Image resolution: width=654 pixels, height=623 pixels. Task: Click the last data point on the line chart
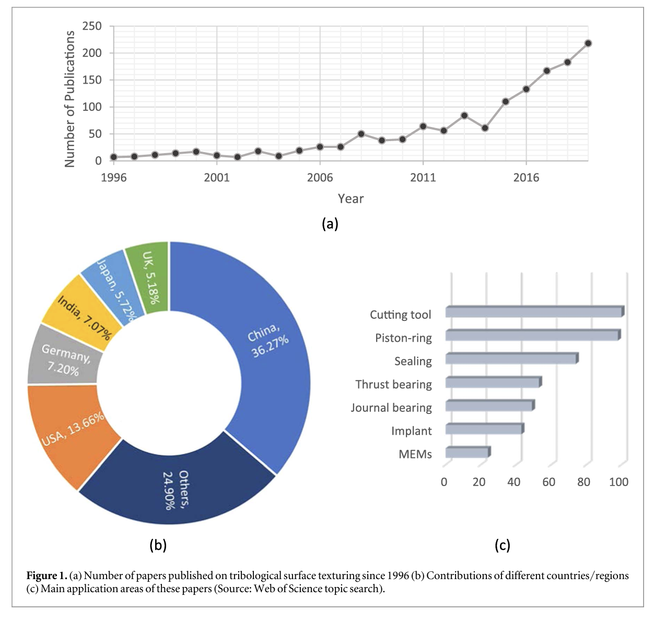(x=588, y=43)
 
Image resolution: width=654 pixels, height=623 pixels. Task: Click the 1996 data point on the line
(x=113, y=157)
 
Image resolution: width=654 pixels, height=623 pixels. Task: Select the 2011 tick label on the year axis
(x=423, y=178)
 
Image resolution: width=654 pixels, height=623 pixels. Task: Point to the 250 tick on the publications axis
(x=92, y=26)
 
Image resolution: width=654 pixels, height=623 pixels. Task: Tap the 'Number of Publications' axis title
(x=69, y=99)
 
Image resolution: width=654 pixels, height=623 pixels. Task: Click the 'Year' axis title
(x=351, y=199)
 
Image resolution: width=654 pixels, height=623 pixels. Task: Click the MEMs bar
(x=466, y=453)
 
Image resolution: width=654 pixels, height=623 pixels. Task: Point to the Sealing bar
(x=511, y=359)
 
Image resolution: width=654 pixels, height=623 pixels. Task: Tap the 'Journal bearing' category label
(x=391, y=408)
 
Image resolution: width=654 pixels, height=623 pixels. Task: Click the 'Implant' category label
(x=412, y=431)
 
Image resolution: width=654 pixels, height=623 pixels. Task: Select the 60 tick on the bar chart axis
(x=548, y=482)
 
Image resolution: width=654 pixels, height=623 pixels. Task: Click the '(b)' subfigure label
(x=158, y=545)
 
